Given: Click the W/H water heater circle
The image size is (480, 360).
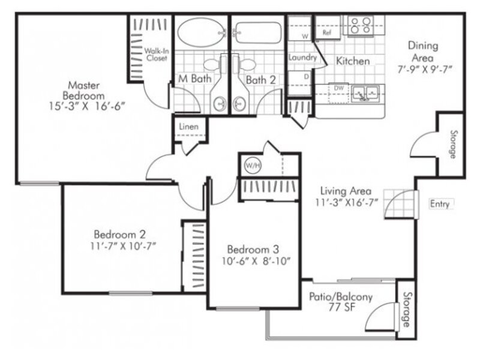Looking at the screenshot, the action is pos(253,166).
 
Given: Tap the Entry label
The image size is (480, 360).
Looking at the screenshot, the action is pos(440,204).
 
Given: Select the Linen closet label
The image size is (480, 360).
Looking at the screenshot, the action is pos(188,127).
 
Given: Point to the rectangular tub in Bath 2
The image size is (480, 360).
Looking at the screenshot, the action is pos(258,33).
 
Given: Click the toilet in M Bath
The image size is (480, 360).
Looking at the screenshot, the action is pos(215,64).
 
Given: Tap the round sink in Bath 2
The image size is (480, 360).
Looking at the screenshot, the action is pos(239,104).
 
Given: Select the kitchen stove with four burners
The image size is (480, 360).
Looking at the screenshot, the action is pos(361,26).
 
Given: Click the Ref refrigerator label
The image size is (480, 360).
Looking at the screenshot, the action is pos(327,32).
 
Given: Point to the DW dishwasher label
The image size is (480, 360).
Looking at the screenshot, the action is pos(339,88).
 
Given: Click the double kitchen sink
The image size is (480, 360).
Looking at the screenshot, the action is pos(365,94).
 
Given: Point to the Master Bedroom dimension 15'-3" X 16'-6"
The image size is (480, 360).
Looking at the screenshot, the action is pos(88,106).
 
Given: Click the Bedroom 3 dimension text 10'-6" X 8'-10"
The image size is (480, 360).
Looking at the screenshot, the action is pos(256,261).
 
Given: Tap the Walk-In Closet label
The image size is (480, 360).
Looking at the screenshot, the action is pos(157,55).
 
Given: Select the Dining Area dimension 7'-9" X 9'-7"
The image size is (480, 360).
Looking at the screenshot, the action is pos(425,70).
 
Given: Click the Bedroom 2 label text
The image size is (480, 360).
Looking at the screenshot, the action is pos(119,235).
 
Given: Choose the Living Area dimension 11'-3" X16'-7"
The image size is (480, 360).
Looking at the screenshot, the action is pos(347,202).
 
